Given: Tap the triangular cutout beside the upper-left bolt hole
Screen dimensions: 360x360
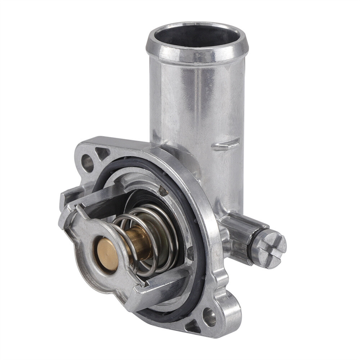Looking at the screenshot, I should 102,153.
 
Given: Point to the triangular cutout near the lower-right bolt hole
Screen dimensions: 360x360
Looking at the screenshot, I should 192,326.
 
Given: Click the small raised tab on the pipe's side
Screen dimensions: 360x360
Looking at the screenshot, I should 226,144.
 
